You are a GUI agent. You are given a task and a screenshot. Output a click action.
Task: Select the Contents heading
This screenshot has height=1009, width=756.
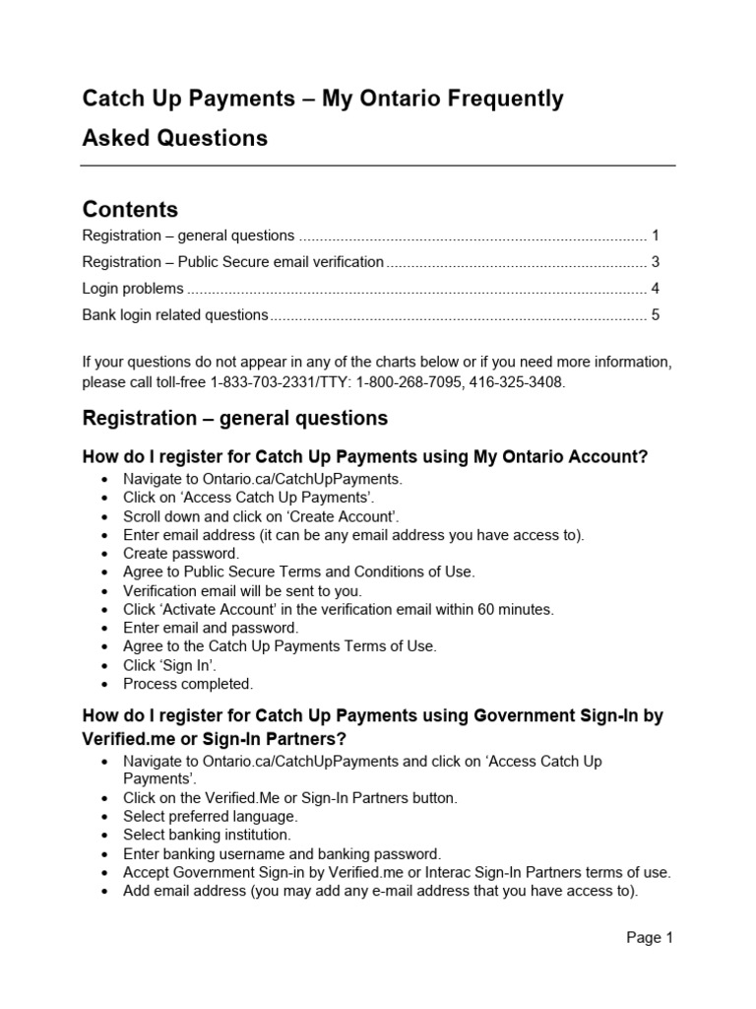[x=130, y=209]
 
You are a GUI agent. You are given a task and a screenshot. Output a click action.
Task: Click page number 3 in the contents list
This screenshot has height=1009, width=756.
[x=655, y=262]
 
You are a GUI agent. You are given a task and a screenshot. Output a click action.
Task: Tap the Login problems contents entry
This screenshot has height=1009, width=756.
[x=133, y=289]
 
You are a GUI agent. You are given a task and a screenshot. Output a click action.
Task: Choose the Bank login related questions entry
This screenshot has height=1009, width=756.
[x=175, y=315]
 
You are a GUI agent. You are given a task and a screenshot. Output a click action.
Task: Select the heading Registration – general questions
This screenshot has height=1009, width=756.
[x=235, y=419]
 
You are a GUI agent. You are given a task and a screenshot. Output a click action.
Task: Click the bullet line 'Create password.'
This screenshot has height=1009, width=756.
[x=180, y=554]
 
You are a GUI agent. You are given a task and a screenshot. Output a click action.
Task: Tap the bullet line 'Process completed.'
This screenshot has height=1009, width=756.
[x=187, y=683]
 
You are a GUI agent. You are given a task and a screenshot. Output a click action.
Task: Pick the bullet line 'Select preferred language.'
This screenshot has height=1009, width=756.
[x=210, y=817]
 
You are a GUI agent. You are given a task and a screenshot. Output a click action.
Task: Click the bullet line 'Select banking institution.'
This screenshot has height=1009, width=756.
[x=207, y=835]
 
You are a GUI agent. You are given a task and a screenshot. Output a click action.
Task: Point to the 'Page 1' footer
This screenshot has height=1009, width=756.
[x=650, y=938]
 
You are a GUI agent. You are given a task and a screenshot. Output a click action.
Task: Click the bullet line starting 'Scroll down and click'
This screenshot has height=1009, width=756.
[x=261, y=516]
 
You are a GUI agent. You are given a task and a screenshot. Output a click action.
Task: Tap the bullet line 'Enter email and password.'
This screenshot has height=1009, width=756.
[x=210, y=628]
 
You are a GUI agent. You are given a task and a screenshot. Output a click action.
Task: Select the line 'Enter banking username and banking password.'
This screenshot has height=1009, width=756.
[x=282, y=853]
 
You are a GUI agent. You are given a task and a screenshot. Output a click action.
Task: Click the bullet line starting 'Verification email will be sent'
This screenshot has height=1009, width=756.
[x=242, y=591]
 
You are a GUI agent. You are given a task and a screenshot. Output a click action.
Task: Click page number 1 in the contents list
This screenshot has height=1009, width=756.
[x=655, y=235]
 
